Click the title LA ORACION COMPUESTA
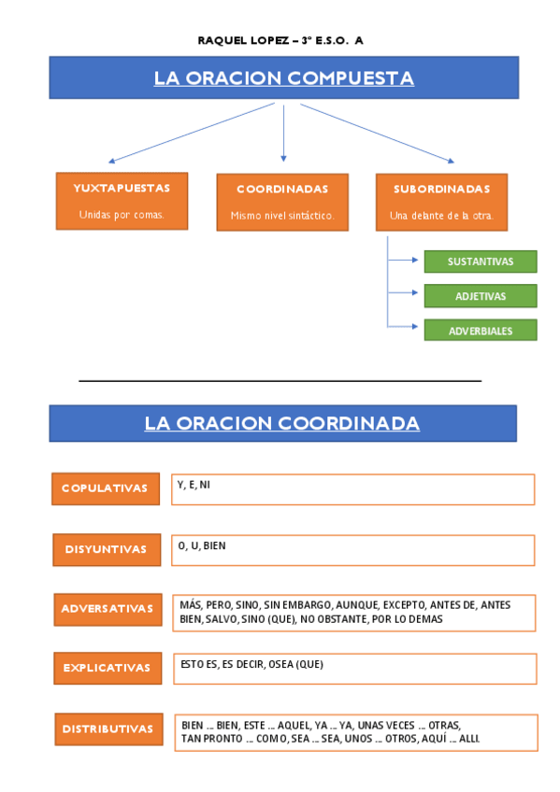tap(283, 78)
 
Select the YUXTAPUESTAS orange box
tap(122, 200)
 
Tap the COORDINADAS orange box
tap(281, 202)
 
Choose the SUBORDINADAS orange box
tap(441, 201)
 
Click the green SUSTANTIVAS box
tap(481, 262)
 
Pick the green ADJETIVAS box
tap(481, 296)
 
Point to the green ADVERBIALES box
tap(481, 331)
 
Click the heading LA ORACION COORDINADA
tap(282, 424)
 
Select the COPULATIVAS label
tap(105, 488)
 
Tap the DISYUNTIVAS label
tap(106, 549)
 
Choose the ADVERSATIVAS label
tap(107, 609)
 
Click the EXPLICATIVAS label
tap(107, 668)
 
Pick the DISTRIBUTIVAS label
tap(108, 728)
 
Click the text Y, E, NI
tap(194, 485)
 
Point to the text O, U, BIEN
tap(202, 545)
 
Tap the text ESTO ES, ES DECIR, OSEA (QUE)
tap(251, 664)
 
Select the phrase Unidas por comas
tap(122, 214)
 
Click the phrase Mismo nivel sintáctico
tap(281, 216)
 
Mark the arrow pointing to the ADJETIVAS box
tap(405, 293)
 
